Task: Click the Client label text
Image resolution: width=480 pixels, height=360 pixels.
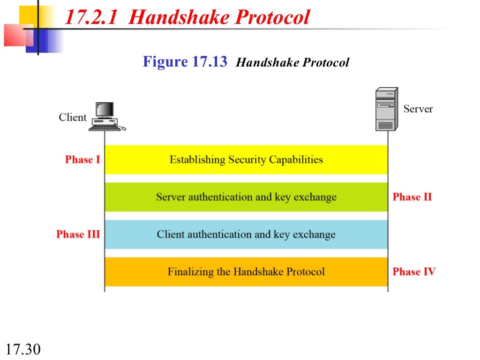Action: pos(73,117)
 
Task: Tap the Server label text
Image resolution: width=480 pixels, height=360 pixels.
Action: pos(418,109)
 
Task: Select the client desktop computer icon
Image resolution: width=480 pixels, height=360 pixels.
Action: pos(106,117)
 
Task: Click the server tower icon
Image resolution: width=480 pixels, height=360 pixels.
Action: pos(386,109)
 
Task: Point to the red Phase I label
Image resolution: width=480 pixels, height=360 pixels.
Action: pos(82,159)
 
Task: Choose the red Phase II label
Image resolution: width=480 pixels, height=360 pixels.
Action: pos(412,197)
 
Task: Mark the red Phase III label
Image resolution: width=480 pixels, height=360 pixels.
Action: pos(78,234)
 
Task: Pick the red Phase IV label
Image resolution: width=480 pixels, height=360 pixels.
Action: pos(414,271)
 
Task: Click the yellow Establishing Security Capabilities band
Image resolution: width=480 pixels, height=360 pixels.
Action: pos(246,160)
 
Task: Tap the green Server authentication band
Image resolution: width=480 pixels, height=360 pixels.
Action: pos(246,197)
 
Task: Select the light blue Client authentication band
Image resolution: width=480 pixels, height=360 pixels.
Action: pos(246,234)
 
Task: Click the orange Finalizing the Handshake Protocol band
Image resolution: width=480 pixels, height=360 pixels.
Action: pos(246,272)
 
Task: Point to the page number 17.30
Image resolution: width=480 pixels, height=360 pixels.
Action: pos(23,349)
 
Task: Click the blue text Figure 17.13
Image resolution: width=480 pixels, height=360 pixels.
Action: pos(185,61)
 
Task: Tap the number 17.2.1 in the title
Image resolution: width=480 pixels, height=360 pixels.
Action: pos(92,18)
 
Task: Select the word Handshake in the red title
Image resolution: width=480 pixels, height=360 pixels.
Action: pos(179,18)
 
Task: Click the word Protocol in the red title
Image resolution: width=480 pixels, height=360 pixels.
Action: pos(272,18)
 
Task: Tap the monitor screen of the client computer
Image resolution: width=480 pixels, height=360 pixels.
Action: pos(105,109)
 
